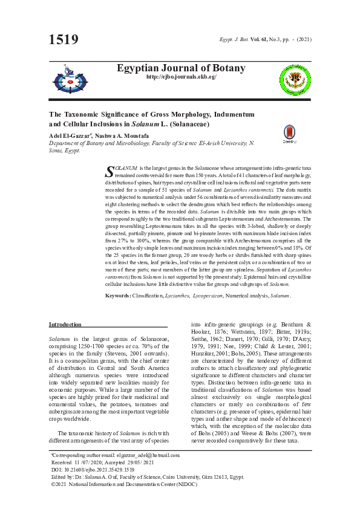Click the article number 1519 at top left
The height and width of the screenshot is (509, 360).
pyautogui.click(x=64, y=41)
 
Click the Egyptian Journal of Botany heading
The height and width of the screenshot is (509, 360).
pyautogui.click(x=180, y=67)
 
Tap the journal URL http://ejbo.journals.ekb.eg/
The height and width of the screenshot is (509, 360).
pyautogui.click(x=181, y=77)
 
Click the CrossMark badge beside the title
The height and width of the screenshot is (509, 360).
pyautogui.click(x=290, y=134)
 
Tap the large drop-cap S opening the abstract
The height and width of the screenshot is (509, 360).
pyautogui.click(x=110, y=170)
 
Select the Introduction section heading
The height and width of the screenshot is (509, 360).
pyautogui.click(x=65, y=325)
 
